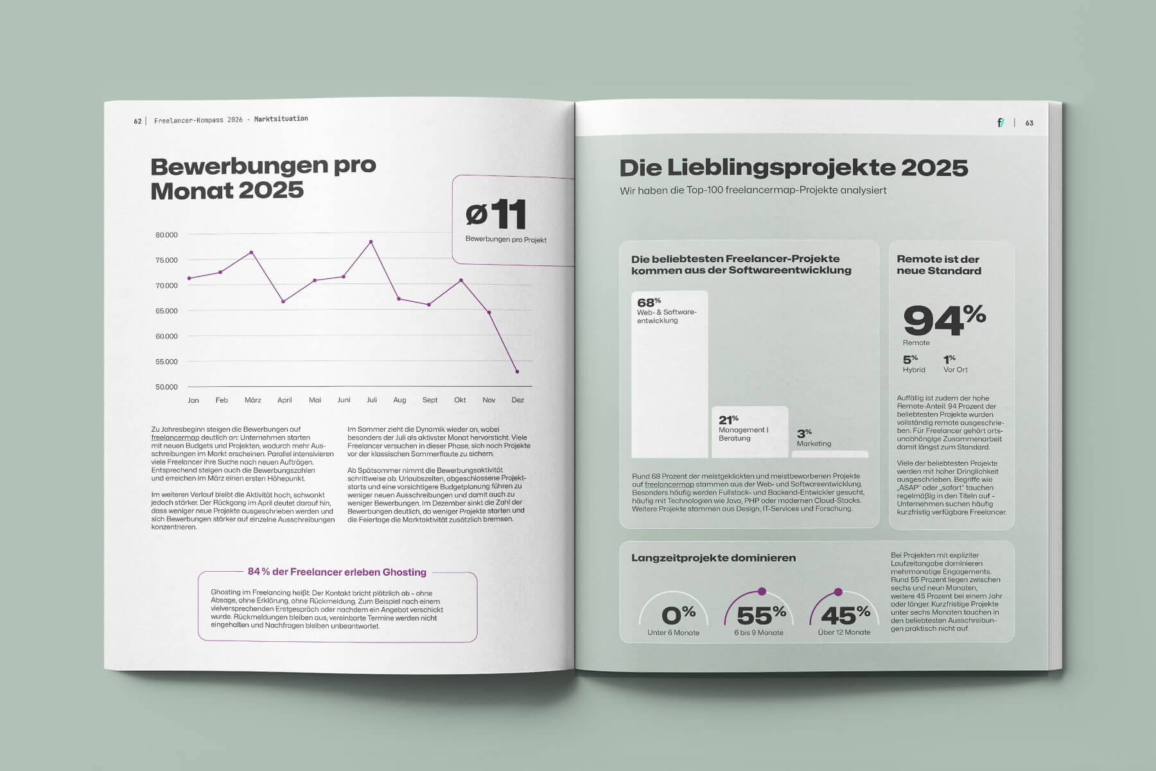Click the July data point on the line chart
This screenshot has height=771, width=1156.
click(x=371, y=242)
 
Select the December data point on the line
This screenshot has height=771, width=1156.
click(x=517, y=371)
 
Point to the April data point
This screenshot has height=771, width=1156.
click(x=283, y=301)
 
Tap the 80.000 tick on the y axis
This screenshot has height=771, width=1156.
click(x=166, y=235)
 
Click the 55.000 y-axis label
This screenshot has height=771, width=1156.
click(x=166, y=362)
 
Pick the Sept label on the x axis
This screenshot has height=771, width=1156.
click(x=430, y=400)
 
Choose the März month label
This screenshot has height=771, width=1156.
click(x=253, y=400)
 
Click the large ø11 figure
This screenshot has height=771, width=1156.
click(x=496, y=215)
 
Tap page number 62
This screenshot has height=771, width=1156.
click(x=137, y=121)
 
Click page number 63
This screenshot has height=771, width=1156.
click(x=1029, y=123)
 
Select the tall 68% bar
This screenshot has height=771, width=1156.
click(x=670, y=385)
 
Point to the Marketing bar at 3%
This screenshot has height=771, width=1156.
click(x=830, y=454)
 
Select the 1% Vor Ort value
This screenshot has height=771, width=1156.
click(x=950, y=359)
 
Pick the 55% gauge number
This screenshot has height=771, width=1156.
click(x=761, y=615)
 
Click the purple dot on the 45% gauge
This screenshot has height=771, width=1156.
click(x=838, y=592)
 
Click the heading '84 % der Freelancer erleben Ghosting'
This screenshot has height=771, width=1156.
click(x=337, y=572)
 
